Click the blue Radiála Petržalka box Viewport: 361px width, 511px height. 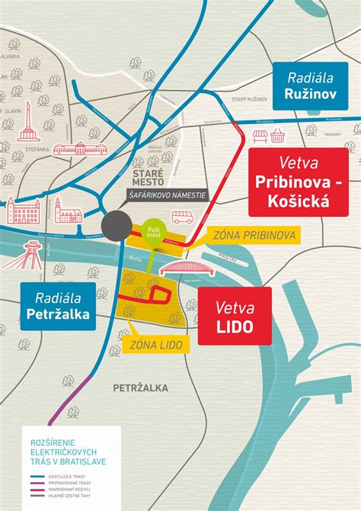point(59,305)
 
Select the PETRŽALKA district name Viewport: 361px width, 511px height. point(140,388)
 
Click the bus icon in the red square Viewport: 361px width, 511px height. point(180,217)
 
